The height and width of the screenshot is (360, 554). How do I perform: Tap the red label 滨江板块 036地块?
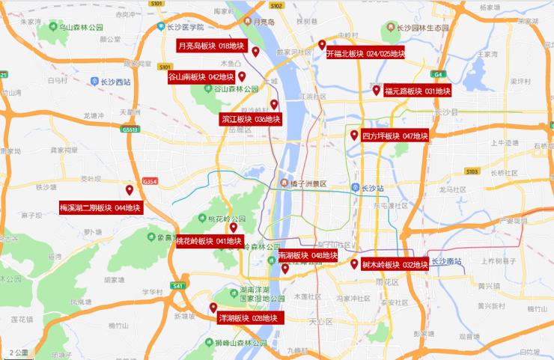coord(250,118)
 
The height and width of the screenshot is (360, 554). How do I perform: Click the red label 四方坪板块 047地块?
coord(394,136)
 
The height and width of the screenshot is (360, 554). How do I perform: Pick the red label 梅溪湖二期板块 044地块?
coord(100,207)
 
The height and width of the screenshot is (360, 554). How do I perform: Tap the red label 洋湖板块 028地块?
coord(247,318)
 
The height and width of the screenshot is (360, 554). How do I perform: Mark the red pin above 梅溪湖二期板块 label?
coord(130,190)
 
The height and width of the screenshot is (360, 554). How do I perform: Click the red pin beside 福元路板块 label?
coord(377,90)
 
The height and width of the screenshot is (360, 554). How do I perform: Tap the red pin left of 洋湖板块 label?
coord(213,307)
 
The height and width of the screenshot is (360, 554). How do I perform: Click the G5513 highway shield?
coord(130,129)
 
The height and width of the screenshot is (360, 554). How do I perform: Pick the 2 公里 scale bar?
coord(19,352)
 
